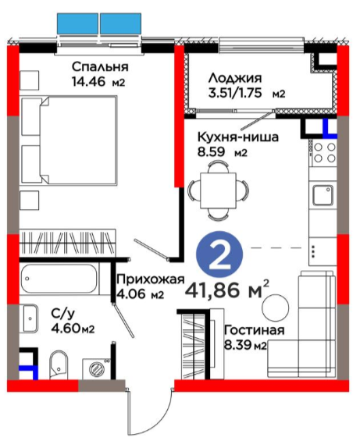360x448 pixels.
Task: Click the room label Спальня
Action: (x=100, y=66)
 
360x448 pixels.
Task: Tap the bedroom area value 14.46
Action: (x=89, y=82)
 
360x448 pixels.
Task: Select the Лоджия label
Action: (x=235, y=78)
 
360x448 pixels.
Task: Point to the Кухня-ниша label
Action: (x=238, y=137)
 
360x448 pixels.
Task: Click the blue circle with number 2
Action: (x=219, y=255)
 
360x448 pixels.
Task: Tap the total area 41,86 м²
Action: (x=227, y=289)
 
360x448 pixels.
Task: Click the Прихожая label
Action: (x=151, y=279)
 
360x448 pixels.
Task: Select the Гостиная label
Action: (x=255, y=330)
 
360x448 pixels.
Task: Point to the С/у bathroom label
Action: (x=63, y=314)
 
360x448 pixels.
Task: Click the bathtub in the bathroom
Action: (x=59, y=279)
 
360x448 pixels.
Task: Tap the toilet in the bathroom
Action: (x=59, y=364)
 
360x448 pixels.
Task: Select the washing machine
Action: (x=96, y=369)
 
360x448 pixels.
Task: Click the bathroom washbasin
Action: (x=30, y=318)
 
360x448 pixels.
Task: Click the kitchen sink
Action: (x=323, y=195)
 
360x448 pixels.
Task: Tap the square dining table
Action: (x=218, y=190)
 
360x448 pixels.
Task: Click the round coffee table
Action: (x=276, y=308)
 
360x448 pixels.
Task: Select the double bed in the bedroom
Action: (x=70, y=140)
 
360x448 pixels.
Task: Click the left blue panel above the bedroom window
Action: (x=77, y=23)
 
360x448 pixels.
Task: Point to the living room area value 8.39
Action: (x=237, y=346)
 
